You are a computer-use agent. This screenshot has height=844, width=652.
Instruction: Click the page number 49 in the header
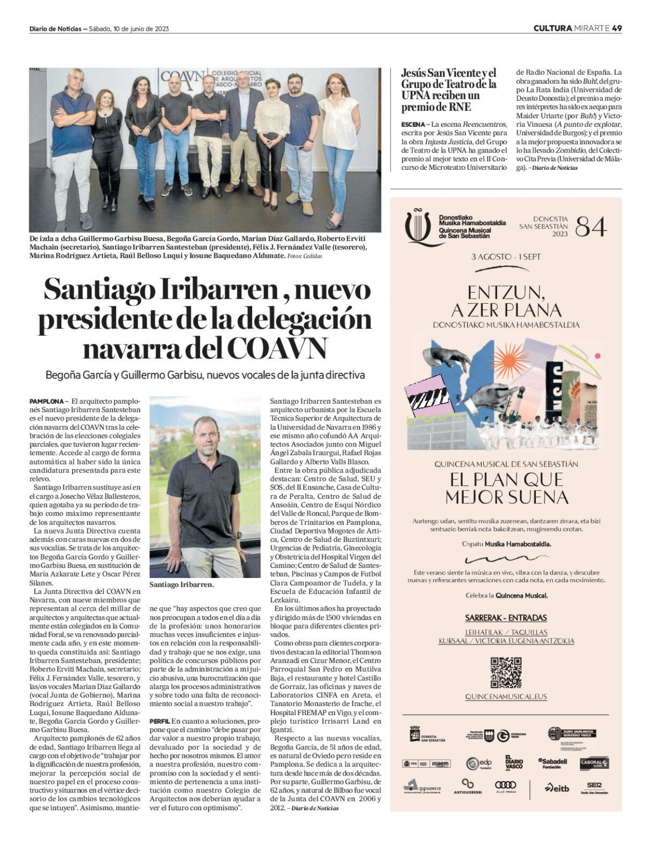(x=617, y=28)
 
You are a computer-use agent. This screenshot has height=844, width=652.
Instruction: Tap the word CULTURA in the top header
(x=552, y=28)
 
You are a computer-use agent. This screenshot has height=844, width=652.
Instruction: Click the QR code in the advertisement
(x=506, y=672)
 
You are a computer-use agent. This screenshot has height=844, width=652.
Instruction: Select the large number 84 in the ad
(x=591, y=227)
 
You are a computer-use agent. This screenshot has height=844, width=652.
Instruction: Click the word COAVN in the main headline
(x=276, y=348)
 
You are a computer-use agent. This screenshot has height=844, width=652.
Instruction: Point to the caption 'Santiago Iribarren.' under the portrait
(x=182, y=584)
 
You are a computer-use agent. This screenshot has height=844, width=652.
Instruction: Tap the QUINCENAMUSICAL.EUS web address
(x=506, y=697)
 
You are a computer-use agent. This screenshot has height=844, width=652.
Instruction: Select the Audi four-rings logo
(x=505, y=785)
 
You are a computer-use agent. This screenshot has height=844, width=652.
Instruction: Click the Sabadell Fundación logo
(x=553, y=763)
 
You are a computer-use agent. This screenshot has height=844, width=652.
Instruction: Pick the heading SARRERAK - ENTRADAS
(x=506, y=617)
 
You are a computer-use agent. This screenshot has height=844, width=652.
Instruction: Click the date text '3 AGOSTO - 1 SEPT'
(x=506, y=257)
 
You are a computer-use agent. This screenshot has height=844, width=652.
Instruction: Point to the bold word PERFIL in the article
(x=160, y=721)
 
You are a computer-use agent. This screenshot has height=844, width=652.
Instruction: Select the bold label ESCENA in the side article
(x=413, y=124)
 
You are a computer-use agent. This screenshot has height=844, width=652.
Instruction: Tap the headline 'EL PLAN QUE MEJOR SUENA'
(x=506, y=488)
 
